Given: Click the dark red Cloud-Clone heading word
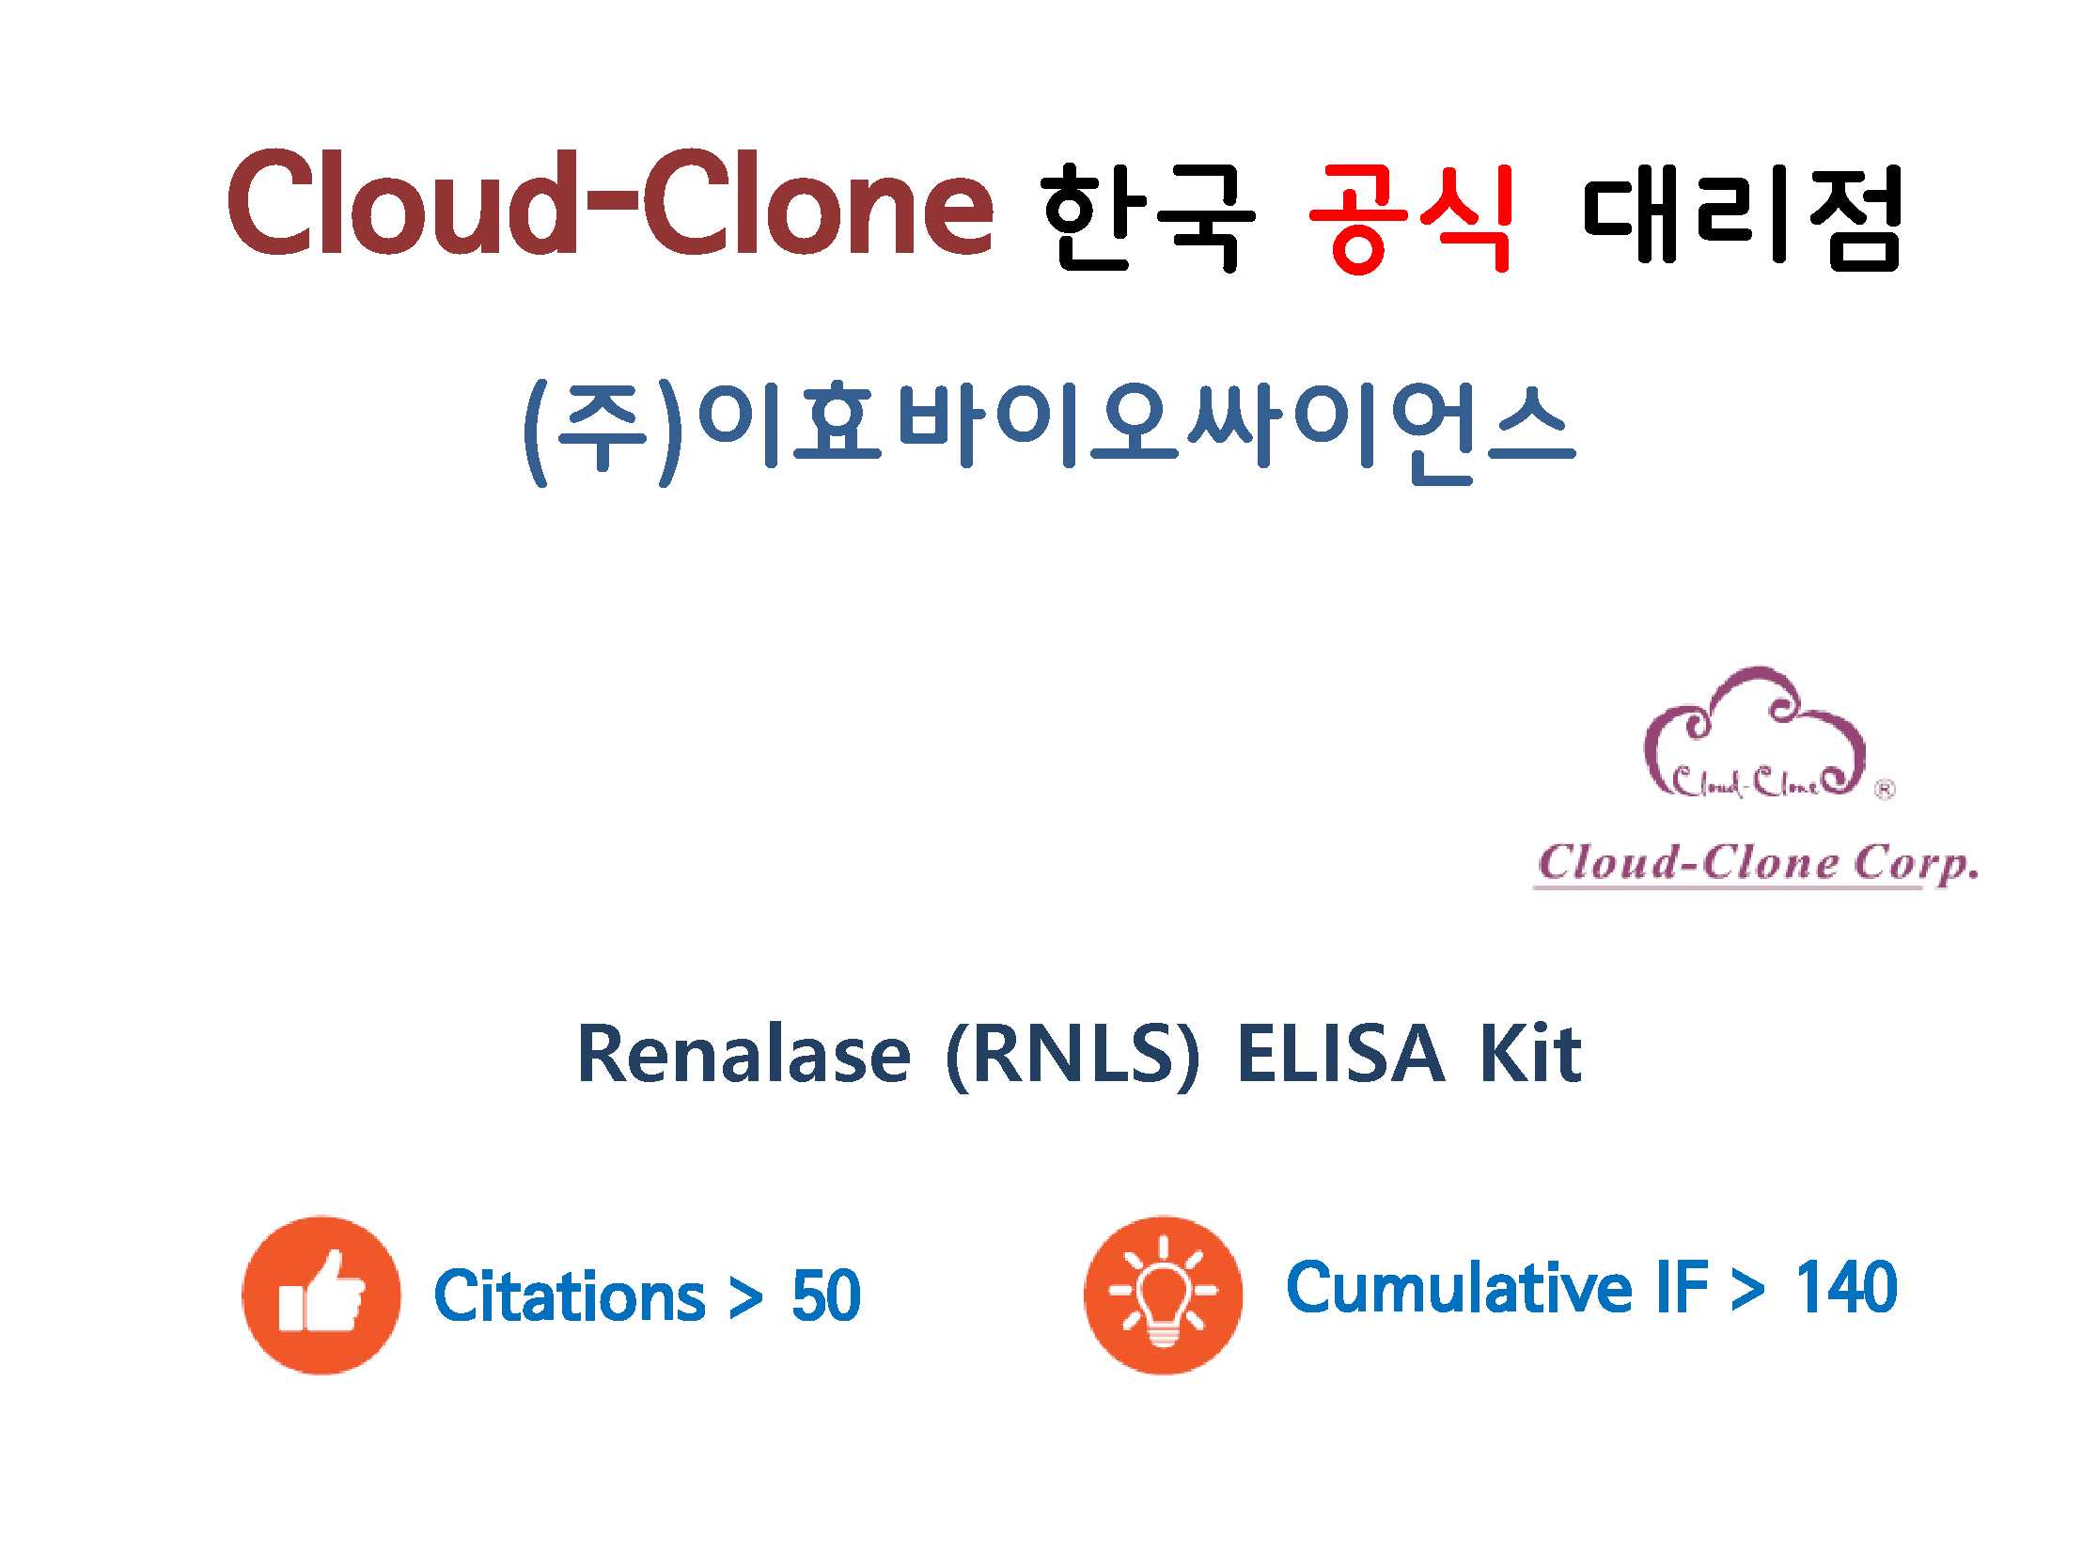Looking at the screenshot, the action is [x=610, y=202].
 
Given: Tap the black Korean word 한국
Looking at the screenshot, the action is [x=1148, y=216].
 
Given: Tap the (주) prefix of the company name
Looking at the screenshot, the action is [x=602, y=432].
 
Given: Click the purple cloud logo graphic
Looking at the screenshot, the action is [x=1755, y=732].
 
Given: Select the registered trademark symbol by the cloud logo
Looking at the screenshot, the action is [x=1885, y=791].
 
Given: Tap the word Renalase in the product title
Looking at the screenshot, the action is [x=744, y=1054].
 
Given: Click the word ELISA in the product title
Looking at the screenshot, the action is [x=1340, y=1054].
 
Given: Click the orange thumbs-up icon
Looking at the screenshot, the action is [x=321, y=1295].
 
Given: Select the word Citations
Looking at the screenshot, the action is [x=570, y=1295].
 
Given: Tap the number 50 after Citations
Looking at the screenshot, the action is [x=825, y=1296].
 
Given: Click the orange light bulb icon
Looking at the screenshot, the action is [x=1164, y=1295].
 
